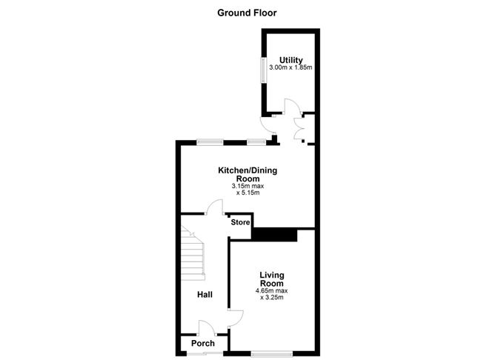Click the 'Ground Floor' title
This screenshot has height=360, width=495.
247,13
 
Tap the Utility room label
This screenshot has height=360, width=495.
290,60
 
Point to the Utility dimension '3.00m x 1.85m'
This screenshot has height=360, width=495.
290,68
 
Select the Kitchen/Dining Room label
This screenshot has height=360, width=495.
247,175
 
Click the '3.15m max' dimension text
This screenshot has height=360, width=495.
247,186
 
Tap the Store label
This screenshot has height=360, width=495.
240,222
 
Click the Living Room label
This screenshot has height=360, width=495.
272,279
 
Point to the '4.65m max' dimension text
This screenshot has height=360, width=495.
273,290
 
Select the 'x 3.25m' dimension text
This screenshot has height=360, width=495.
273,298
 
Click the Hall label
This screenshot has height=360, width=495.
205,295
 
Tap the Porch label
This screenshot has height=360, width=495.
203,343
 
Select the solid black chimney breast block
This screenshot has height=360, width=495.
274,234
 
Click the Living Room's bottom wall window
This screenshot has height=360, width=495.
270,353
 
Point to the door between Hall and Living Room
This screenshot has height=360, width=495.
236,317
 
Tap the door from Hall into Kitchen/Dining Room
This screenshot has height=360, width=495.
215,207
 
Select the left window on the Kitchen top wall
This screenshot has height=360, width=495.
210,141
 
